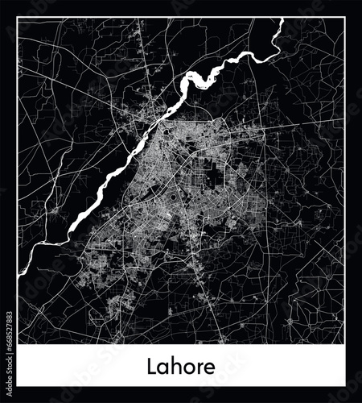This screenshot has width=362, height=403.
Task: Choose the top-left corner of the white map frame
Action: click(18, 18)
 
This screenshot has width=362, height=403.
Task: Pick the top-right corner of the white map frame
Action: click(344, 18)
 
